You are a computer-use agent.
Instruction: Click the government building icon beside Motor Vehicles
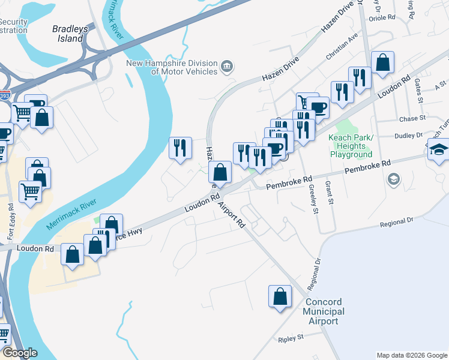coord(228,65)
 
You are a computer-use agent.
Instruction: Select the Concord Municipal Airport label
coord(324,311)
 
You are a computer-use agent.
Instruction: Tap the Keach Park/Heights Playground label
coord(351,146)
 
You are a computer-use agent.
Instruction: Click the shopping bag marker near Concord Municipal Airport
coord(280,296)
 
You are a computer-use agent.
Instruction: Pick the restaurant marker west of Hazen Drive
coord(180,148)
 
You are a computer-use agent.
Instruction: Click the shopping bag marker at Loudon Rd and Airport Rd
coord(221,172)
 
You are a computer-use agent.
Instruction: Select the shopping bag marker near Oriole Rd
coord(382,62)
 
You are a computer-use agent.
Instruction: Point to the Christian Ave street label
coord(342,53)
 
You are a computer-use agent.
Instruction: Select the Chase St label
coord(412,119)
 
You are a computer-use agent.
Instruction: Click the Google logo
coord(19,353)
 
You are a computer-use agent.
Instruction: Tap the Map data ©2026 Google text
coord(411,355)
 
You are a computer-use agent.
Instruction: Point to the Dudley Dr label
coord(409,136)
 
